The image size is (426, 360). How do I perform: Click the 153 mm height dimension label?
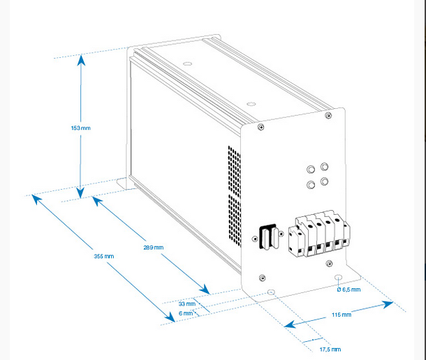[x=81, y=128]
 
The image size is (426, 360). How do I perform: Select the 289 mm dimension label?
[x=154, y=248]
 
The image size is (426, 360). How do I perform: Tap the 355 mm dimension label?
[x=104, y=256]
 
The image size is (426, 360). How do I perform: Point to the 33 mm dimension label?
[x=187, y=303]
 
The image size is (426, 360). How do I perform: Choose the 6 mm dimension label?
[x=186, y=313]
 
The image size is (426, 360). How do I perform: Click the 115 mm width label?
[x=341, y=315]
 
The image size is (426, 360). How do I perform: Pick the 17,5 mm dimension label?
[x=330, y=349]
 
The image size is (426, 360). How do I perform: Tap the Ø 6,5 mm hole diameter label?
[x=349, y=290]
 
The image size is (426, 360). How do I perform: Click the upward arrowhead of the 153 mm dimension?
[x=81, y=60]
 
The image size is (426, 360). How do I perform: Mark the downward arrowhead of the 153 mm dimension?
[x=80, y=193]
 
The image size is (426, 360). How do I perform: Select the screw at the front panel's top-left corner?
[x=260, y=126]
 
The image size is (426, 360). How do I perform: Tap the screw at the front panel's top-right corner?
[x=328, y=115]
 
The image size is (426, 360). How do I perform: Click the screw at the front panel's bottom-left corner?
[x=262, y=278]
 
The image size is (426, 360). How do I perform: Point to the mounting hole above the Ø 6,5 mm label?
[x=339, y=278]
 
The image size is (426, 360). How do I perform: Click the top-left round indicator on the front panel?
[x=311, y=170]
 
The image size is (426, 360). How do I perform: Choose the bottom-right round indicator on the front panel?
[x=324, y=181]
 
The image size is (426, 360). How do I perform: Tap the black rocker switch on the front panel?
[x=268, y=237]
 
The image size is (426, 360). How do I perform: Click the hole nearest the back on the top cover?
[x=187, y=64]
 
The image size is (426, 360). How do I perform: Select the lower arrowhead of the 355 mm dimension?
[x=170, y=317]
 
